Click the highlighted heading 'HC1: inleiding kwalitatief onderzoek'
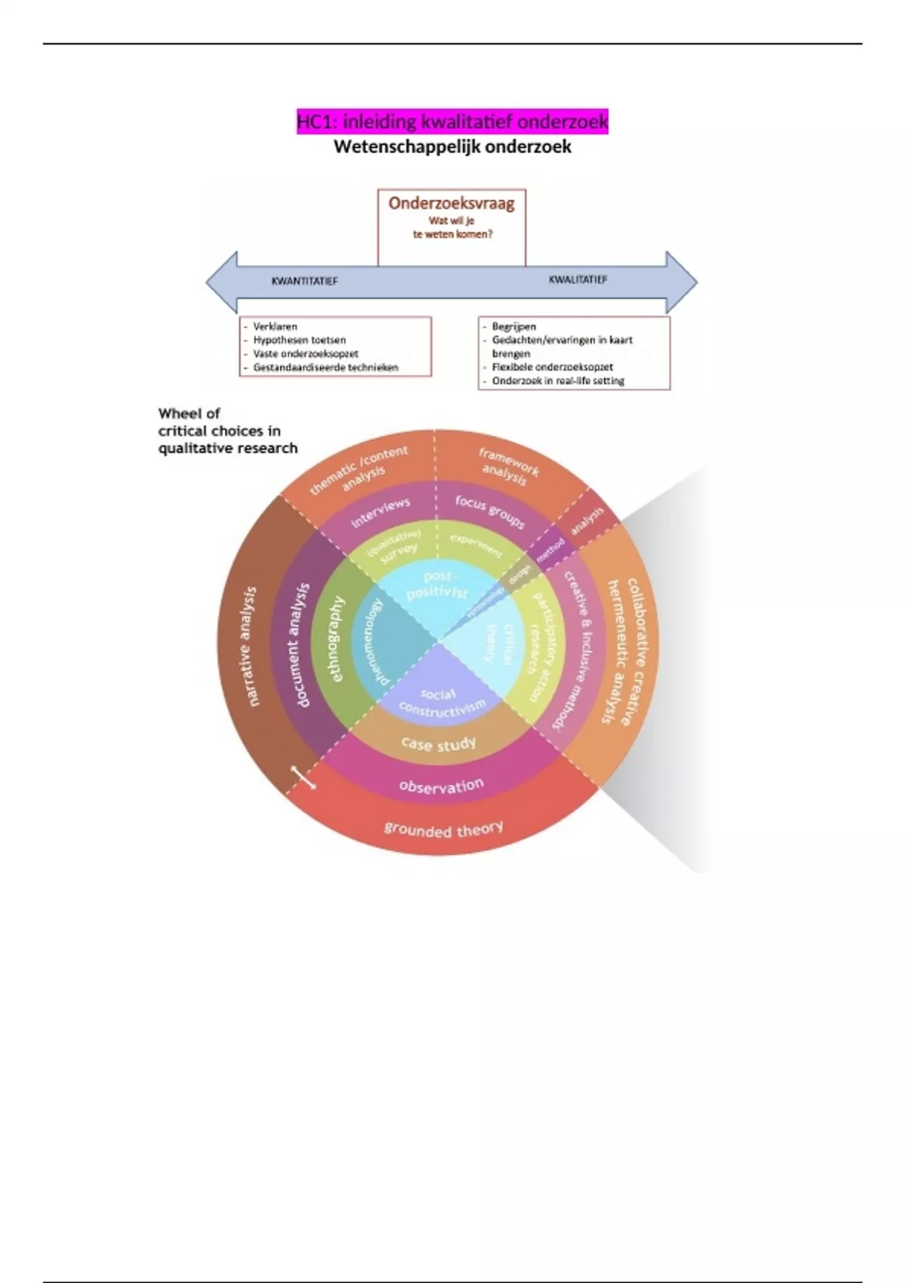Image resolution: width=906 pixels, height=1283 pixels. (452, 122)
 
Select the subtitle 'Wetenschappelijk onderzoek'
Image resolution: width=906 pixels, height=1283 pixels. (452, 147)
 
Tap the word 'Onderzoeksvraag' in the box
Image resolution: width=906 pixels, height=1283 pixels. (451, 203)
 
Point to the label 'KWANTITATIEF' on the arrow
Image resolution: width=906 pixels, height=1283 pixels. (304, 282)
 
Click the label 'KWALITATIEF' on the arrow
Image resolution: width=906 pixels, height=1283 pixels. (578, 279)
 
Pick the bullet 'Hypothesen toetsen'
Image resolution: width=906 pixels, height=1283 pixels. (299, 340)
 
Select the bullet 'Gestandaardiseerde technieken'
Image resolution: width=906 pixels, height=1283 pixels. (325, 368)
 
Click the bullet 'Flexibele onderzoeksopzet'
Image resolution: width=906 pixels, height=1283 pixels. (552, 368)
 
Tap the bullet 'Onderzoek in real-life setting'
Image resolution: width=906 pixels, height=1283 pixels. (558, 381)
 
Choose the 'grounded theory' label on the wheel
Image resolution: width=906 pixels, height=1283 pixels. (443, 829)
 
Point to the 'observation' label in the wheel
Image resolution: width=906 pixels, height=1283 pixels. (442, 786)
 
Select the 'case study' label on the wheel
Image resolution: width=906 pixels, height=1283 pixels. (439, 744)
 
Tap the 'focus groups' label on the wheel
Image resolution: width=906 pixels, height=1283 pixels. (490, 512)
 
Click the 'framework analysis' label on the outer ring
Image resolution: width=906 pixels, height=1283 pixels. (507, 466)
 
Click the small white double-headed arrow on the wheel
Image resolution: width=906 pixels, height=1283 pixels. (304, 778)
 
